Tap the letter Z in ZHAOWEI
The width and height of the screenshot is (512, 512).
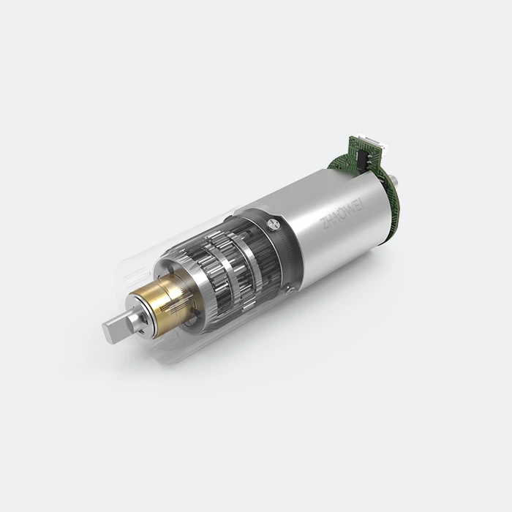tap(324, 225)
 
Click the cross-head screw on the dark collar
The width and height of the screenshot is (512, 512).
tap(274, 224)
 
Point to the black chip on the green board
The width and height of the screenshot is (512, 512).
tap(364, 159)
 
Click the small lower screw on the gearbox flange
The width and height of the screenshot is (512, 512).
tap(288, 290)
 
